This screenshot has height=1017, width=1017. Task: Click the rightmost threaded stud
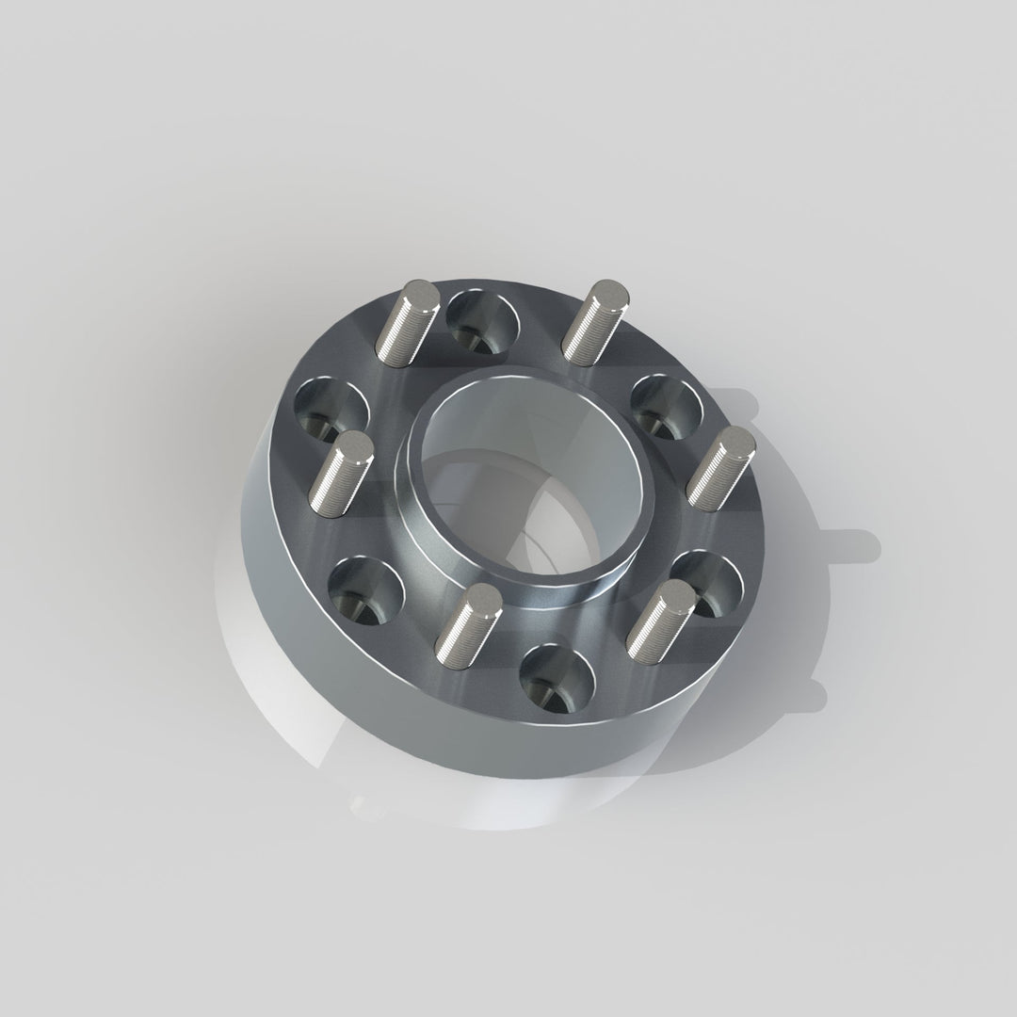click(721, 467)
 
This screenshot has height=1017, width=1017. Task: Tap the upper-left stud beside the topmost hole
click(408, 320)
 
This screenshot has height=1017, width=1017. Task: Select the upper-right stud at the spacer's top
click(597, 320)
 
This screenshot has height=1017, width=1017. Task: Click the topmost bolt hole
click(482, 320)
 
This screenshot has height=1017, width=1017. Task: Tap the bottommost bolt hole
click(557, 678)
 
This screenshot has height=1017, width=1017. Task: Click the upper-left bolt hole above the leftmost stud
click(331, 409)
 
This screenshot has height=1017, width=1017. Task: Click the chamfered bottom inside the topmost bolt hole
click(482, 337)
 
